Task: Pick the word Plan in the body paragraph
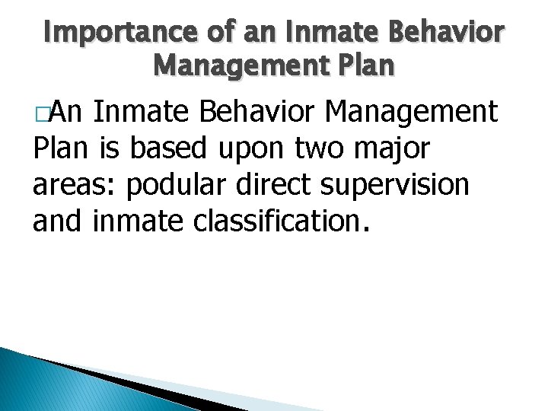tap(62, 149)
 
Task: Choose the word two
tap(315, 149)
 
